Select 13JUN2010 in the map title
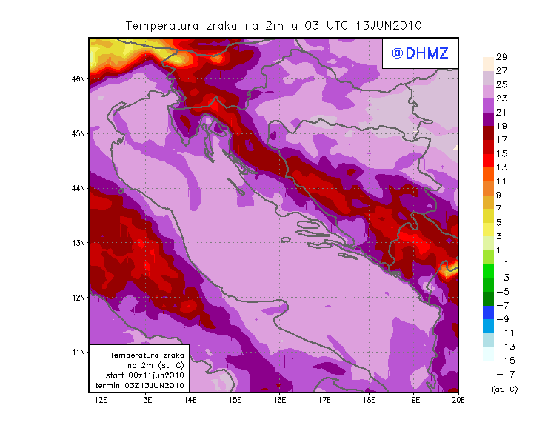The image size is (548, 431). pyautogui.click(x=389, y=25)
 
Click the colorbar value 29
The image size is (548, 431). pyautogui.click(x=501, y=57)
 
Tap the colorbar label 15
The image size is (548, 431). pyautogui.click(x=501, y=153)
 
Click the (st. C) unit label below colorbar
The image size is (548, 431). pyautogui.click(x=504, y=390)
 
